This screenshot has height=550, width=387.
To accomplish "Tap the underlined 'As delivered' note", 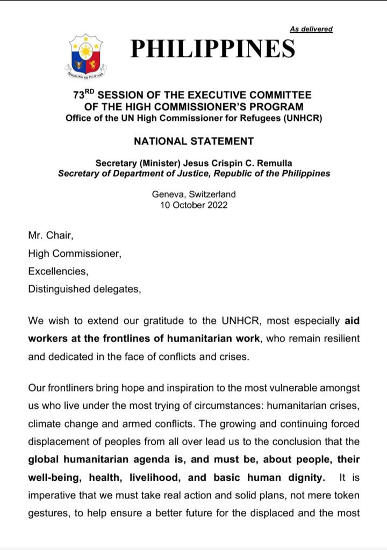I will click(311, 29).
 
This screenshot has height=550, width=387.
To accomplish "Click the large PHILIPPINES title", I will click(213, 49).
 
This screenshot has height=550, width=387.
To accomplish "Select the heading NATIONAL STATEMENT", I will click(193, 142).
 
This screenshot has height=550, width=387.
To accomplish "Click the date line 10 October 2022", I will click(193, 205).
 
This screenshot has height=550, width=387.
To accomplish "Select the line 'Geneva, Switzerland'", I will click(193, 194).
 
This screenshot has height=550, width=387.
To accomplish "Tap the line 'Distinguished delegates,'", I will click(84, 290).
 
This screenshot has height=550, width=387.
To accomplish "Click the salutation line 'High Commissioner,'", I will click(75, 252).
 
